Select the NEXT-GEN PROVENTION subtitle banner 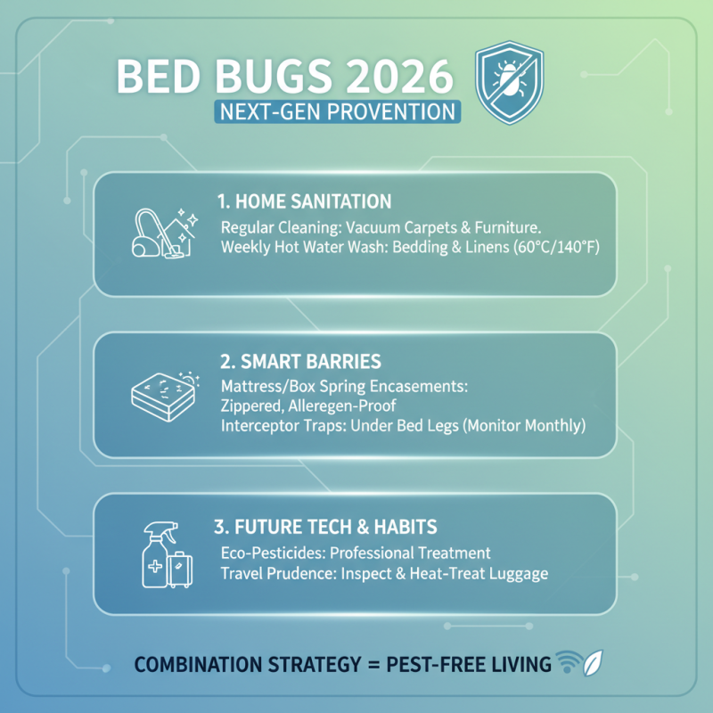337,112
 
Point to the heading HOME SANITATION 304,201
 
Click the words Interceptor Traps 277,426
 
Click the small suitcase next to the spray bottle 181,569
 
